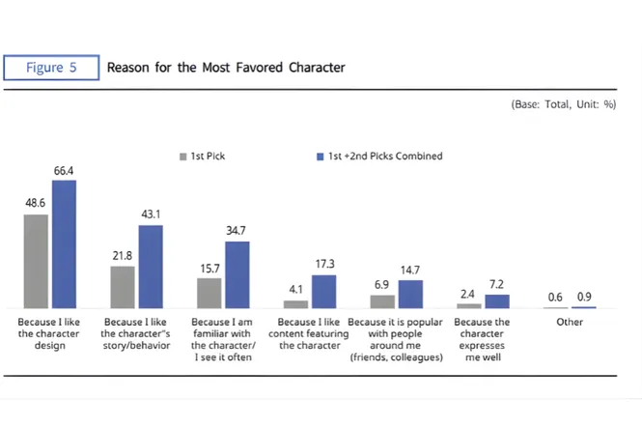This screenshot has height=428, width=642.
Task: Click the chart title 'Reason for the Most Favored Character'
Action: pos(226,68)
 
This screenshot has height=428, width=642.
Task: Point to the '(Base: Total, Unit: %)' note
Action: pos(562,104)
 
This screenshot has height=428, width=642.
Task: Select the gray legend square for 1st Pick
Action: pos(182,156)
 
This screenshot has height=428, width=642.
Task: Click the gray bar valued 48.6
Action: pos(36,261)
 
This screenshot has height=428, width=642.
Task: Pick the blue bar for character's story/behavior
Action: pos(151,267)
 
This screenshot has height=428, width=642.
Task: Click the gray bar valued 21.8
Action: pos(123,287)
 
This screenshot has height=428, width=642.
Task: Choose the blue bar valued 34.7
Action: pos(237,274)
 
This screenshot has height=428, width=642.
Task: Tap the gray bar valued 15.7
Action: pos(209,293)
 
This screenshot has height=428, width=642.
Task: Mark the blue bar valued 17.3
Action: pos(323,292)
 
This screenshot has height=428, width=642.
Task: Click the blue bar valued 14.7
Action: pos(410,294)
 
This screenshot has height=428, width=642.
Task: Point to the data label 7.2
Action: pos(497,285)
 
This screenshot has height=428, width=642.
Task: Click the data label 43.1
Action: pos(151,214)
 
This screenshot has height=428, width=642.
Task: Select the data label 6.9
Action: pos(382,285)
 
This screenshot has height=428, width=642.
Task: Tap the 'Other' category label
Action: pos(570,322)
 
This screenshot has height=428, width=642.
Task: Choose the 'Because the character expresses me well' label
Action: pos(482,339)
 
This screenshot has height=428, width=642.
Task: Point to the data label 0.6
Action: pos(555,298)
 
